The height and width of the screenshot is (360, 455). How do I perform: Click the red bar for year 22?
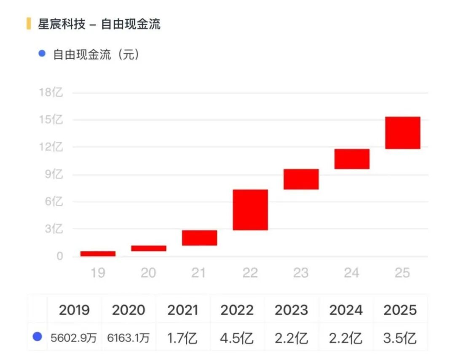(x=250, y=210)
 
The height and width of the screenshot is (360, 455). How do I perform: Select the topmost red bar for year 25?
(x=403, y=133)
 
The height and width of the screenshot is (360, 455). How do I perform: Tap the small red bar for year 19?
(x=98, y=254)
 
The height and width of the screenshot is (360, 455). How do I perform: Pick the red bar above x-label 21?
(x=200, y=238)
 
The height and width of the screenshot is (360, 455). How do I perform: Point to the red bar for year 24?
(x=352, y=159)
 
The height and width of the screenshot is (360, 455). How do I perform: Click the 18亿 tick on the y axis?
(x=51, y=92)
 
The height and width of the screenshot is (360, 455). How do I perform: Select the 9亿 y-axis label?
(x=54, y=174)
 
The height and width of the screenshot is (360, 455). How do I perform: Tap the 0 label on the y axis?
(x=60, y=256)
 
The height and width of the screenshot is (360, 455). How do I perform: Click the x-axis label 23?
(x=301, y=273)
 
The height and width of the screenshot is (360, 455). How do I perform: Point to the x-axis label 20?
(x=148, y=273)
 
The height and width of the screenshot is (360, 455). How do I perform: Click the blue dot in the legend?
(x=42, y=54)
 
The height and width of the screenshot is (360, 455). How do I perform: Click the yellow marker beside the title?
(x=29, y=24)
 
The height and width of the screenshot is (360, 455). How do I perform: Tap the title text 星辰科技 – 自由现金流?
(x=99, y=24)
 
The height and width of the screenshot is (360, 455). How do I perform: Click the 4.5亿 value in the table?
(x=237, y=338)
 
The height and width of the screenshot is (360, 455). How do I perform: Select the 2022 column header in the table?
(x=237, y=310)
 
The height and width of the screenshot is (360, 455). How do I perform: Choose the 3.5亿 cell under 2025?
(x=400, y=338)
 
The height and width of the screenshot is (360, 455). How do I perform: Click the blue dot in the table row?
(x=37, y=336)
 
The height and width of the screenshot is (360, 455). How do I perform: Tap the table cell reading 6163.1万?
(x=128, y=338)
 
